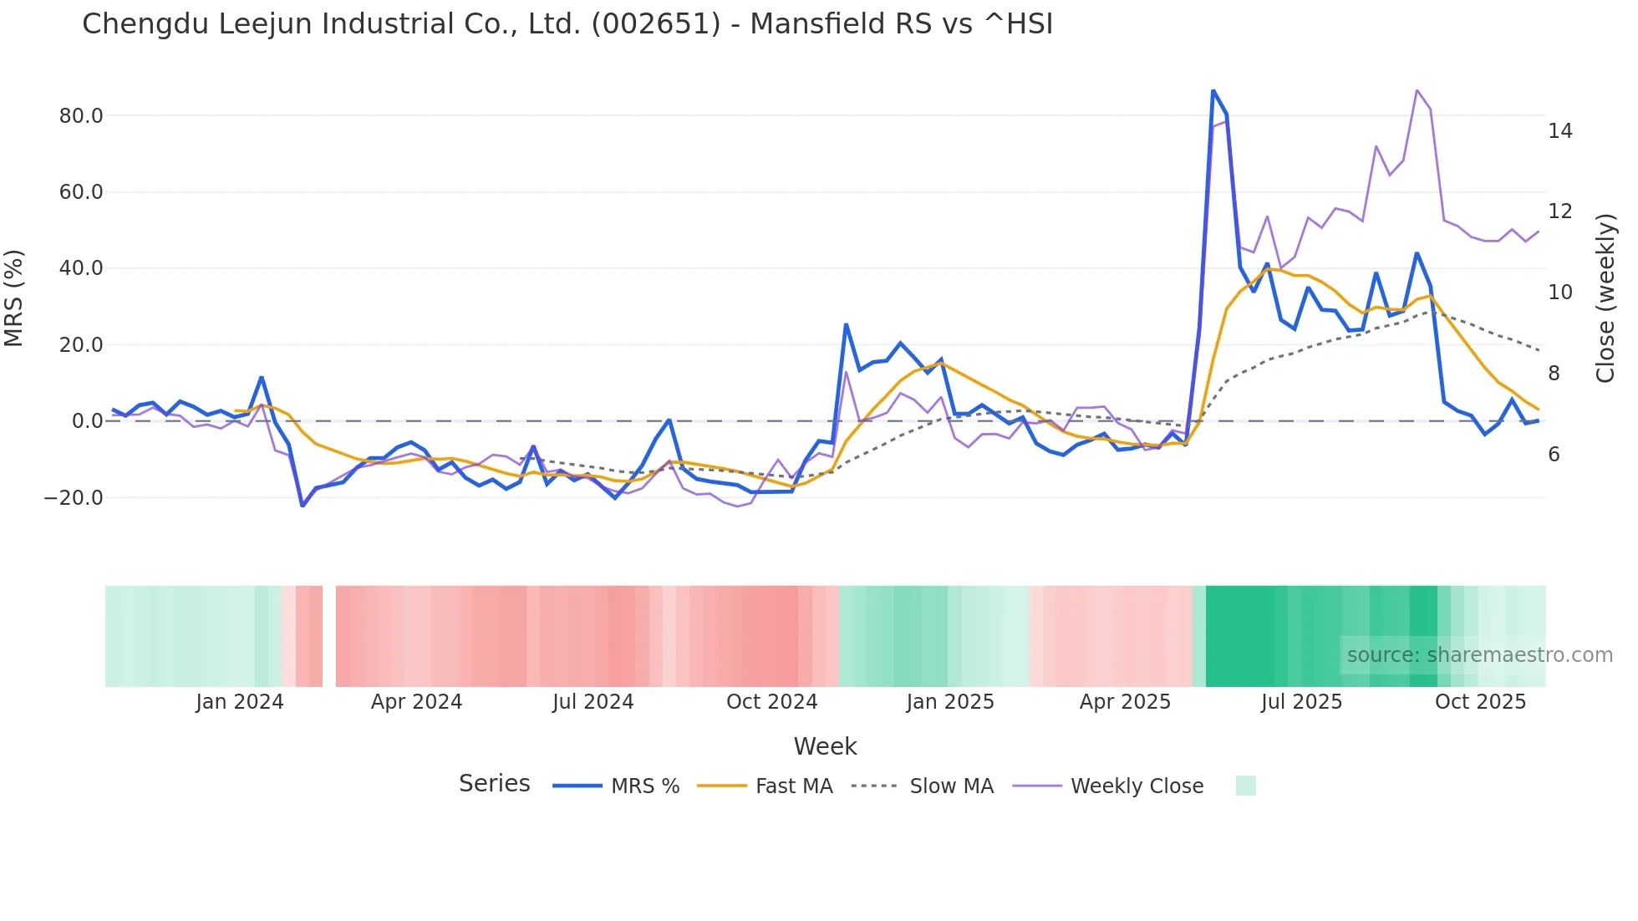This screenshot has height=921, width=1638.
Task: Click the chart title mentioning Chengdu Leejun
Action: (x=567, y=24)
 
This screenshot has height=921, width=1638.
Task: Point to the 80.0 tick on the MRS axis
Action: (x=81, y=116)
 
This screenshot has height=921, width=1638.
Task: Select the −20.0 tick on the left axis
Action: (x=74, y=498)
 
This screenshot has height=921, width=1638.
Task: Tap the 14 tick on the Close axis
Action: (x=1559, y=131)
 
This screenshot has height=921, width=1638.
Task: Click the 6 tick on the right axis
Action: (x=1554, y=455)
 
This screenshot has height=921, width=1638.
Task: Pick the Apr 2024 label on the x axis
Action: (x=416, y=702)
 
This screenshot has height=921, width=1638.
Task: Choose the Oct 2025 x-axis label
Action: (x=1480, y=702)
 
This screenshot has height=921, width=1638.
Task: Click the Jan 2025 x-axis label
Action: (x=949, y=702)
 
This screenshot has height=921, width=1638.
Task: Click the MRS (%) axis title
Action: (x=14, y=298)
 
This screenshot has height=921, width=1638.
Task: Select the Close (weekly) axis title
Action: (x=1605, y=298)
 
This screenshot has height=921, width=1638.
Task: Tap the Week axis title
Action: (x=825, y=746)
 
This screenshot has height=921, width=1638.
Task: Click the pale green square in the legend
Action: (x=1245, y=786)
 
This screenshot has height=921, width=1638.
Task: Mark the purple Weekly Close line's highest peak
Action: (x=1417, y=90)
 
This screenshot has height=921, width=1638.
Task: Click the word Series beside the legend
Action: (x=494, y=784)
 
